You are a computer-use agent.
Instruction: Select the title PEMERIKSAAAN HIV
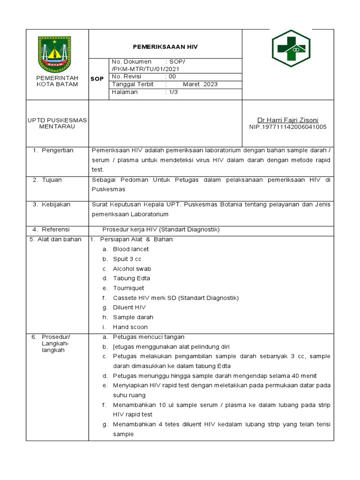pos(165,47)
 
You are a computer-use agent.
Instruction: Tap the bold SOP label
pos(97,79)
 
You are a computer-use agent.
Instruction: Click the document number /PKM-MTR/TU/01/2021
pos(145,69)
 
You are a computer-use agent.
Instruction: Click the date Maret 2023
pos(200,84)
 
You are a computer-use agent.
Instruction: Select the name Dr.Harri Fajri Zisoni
pos(288,120)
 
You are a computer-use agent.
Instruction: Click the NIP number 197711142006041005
pos(288,127)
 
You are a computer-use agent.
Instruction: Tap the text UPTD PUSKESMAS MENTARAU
pos(57,123)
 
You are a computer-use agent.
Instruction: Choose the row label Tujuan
pos(52,180)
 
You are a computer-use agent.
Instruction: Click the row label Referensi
pos(55,229)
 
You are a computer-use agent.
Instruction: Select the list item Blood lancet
pos(131,249)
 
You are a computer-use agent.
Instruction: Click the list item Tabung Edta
pos(131,278)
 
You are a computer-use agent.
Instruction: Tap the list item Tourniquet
pos(128,288)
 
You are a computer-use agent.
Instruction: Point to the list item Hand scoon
pos(130,327)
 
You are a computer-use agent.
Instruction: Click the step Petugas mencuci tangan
pos(149,337)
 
